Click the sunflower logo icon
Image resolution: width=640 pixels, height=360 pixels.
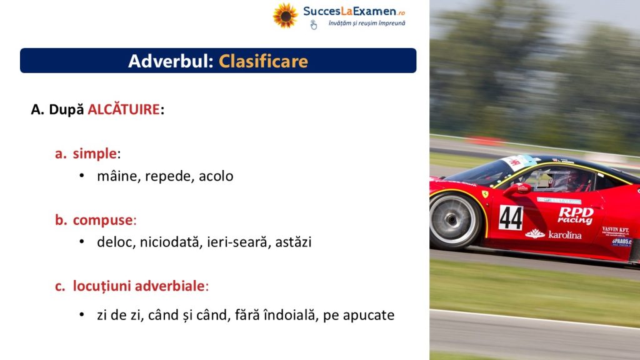pyautogui.click(x=285, y=16)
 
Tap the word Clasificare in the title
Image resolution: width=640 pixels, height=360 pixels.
pyautogui.click(x=263, y=61)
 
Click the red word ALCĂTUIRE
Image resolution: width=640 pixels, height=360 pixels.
pyautogui.click(x=124, y=109)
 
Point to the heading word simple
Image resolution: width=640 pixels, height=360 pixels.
pyautogui.click(x=95, y=154)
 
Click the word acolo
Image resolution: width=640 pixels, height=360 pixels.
pyautogui.click(x=216, y=176)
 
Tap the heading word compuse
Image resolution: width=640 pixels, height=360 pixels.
pyautogui.click(x=103, y=220)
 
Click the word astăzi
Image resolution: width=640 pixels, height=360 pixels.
pyautogui.click(x=293, y=242)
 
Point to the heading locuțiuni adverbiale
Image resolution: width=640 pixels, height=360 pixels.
pyautogui.click(x=139, y=286)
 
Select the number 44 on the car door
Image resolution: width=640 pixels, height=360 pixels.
pyautogui.click(x=511, y=217)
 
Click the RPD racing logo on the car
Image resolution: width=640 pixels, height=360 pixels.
pyautogui.click(x=576, y=215)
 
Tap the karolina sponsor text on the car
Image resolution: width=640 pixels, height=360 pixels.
pyautogui.click(x=553, y=234)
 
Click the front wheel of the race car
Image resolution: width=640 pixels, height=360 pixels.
pyautogui.click(x=454, y=220)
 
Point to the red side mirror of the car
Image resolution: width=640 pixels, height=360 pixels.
pyautogui.click(x=517, y=189)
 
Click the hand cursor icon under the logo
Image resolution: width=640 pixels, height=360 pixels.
pyautogui.click(x=314, y=25)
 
